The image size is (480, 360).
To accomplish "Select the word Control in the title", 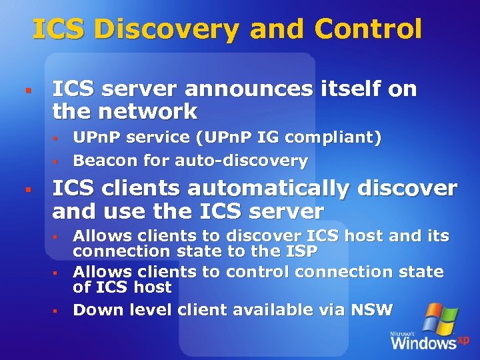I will pyautogui.click(x=369, y=29).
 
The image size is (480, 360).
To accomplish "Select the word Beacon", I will pyautogui.click(x=103, y=161).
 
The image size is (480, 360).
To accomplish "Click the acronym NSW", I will pyautogui.click(x=373, y=310).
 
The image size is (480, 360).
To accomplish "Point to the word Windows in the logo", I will pyautogui.click(x=423, y=343).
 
